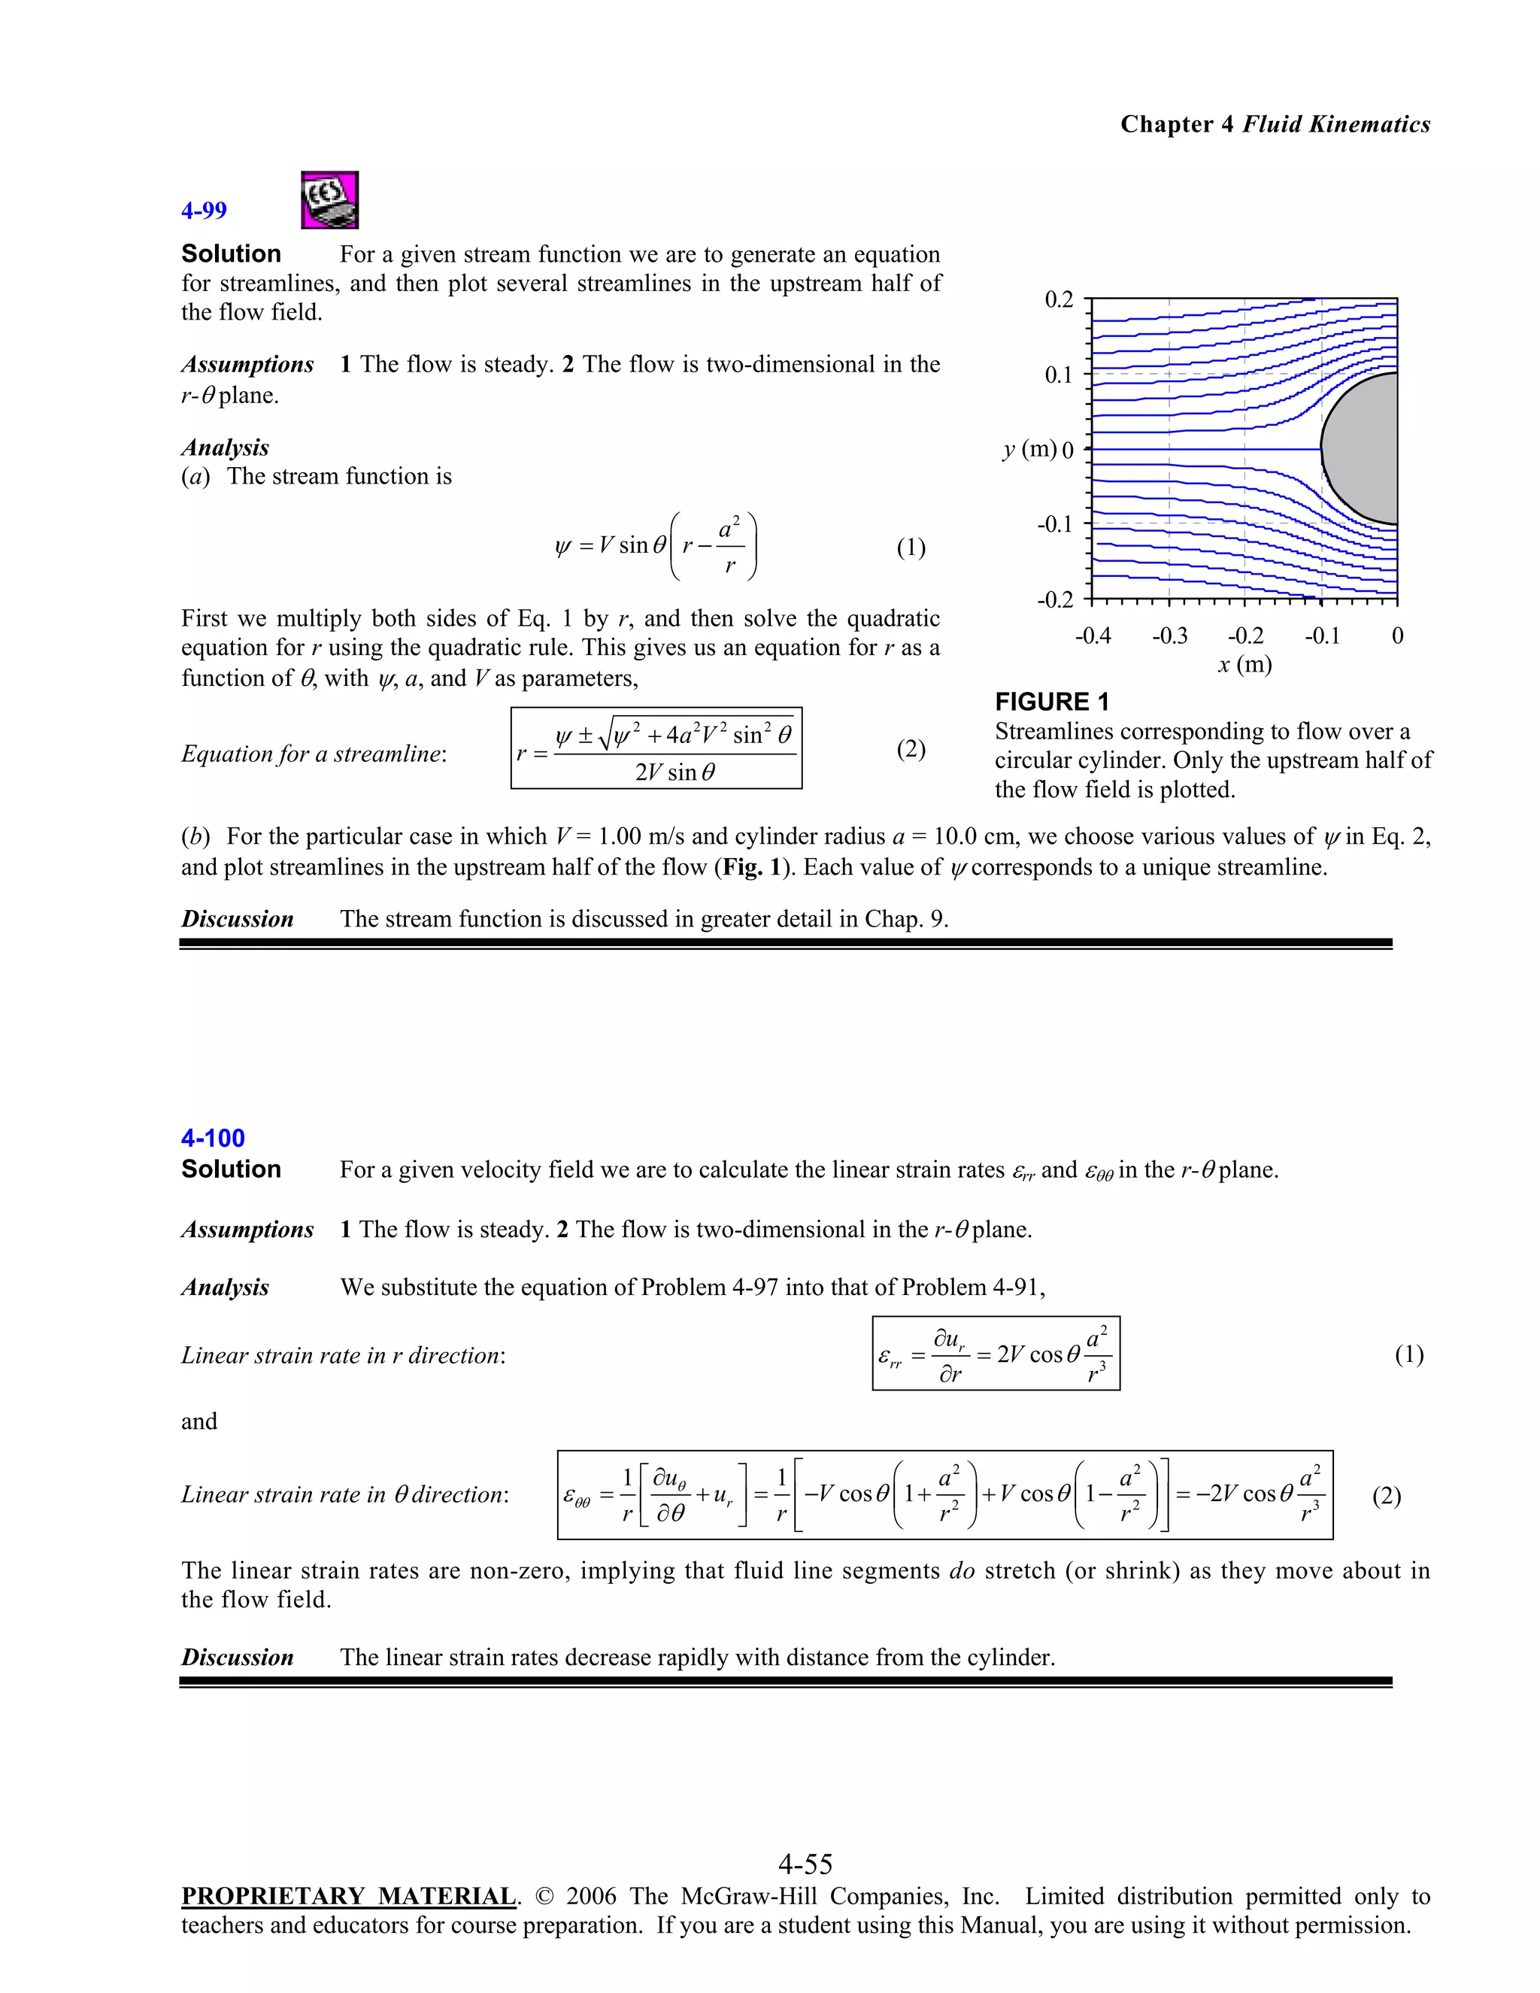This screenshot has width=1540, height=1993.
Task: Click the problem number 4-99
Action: point(204,211)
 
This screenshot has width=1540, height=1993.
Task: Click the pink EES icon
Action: point(329,200)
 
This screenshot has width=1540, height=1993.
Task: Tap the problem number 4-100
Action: point(213,1138)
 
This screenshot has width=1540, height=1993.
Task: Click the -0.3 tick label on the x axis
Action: point(1169,636)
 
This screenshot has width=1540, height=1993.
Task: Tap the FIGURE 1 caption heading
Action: point(1051,702)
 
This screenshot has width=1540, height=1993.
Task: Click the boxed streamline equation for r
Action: point(656,748)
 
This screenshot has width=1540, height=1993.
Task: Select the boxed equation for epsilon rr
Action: point(996,1354)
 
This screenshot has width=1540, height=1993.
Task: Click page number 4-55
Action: point(805,1864)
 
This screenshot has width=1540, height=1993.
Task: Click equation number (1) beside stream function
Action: point(911,548)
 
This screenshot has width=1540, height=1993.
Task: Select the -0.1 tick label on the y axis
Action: point(1055,525)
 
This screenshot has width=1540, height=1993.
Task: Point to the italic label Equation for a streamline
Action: point(314,754)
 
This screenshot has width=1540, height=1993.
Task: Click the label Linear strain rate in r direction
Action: point(343,1355)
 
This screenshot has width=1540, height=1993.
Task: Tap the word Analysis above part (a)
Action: point(224,447)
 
